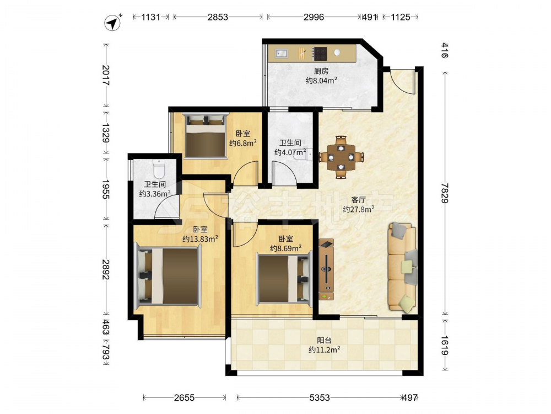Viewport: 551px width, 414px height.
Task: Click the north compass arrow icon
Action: point(113,23)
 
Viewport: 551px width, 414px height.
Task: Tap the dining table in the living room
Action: point(341,157)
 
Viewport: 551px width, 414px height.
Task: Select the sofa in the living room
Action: point(402,268)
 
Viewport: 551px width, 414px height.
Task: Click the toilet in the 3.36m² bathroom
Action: point(159,168)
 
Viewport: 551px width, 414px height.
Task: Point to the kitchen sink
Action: point(282,53)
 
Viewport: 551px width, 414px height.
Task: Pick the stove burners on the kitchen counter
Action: point(320,54)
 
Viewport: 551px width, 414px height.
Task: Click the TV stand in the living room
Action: point(326,269)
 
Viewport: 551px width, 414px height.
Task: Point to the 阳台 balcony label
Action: point(325,340)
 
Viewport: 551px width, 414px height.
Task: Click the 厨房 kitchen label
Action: point(321,71)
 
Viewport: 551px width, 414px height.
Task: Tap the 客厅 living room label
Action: point(359,200)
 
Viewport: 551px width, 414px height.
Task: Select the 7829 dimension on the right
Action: point(445,193)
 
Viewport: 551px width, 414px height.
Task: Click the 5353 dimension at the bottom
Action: point(320,398)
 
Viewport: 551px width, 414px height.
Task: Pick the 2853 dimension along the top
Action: point(218,17)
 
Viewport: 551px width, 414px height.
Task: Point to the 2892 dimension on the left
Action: point(105,270)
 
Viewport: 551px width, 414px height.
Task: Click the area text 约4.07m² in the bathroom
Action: point(290,152)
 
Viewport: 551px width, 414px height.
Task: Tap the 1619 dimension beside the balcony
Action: point(445,346)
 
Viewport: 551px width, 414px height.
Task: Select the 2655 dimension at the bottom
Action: point(184,398)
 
